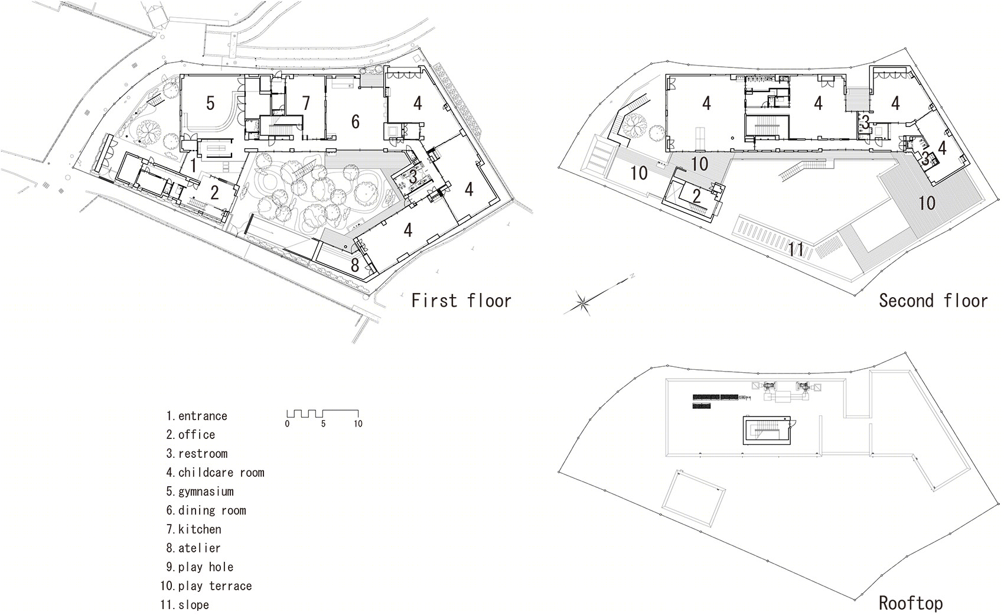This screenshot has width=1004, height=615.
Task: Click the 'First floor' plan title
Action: pos(461,300)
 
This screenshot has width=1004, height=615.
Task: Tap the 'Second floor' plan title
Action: pos(933,300)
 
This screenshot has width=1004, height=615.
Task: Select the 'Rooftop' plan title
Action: pos(911,603)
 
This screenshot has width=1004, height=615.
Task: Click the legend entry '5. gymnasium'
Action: pos(200,492)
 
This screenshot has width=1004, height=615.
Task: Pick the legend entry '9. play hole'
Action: pos(200,567)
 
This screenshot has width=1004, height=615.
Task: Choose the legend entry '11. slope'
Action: pos(185,605)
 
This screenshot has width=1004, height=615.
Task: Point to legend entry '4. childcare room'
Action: pos(215,473)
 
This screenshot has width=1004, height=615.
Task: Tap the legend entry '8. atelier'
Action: pos(193,548)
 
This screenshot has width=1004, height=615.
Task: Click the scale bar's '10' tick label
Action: pos(358,424)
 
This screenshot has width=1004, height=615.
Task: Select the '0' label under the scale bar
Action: pos(287,424)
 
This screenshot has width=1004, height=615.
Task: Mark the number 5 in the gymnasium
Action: pos(210,103)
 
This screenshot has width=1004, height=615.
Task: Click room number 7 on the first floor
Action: pos(306,103)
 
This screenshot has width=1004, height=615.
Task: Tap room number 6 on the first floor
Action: pos(356,122)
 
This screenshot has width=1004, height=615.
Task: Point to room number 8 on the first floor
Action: pos(355,265)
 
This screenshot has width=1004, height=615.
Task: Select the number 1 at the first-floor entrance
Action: pos(193,165)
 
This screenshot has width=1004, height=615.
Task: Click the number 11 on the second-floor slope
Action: pos(796,249)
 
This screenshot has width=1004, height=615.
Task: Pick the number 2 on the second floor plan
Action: pos(696,196)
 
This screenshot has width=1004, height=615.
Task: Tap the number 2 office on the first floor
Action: pos(215,193)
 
